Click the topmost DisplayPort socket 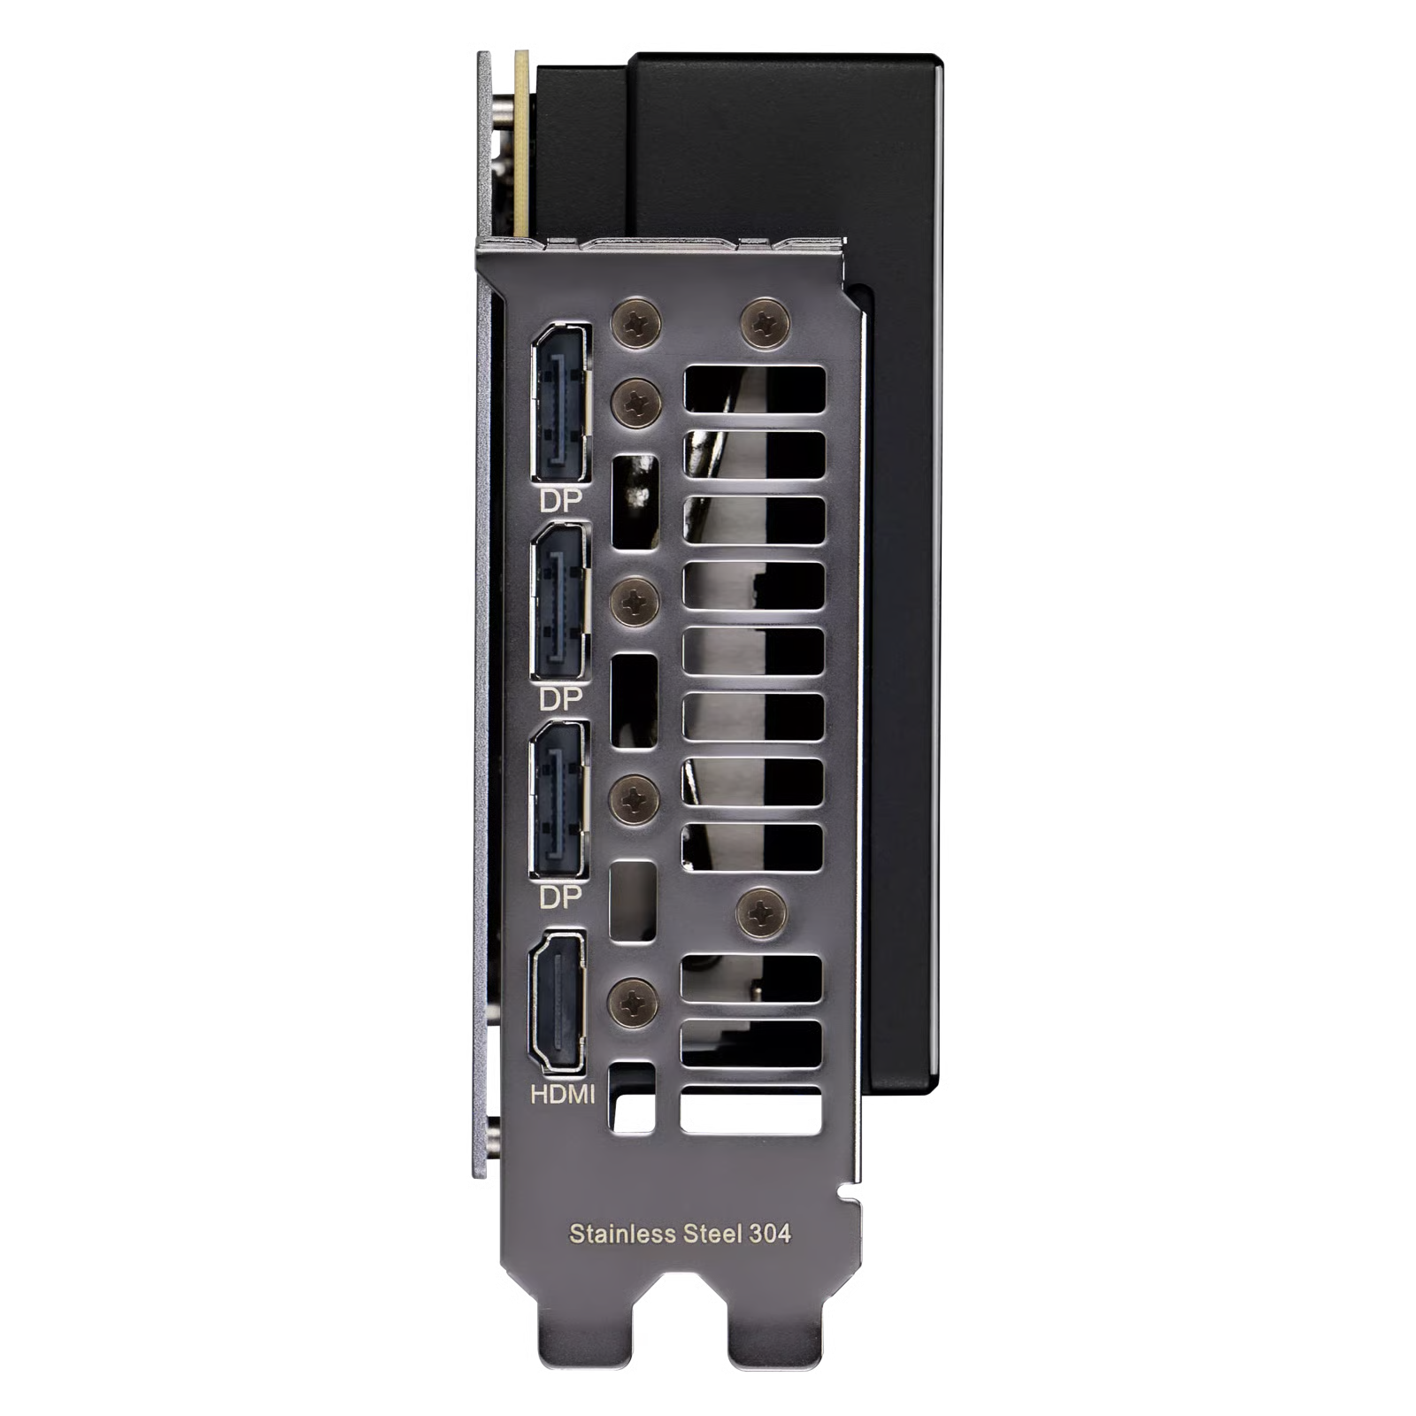pyautogui.click(x=560, y=403)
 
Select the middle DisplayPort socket pyautogui.click(x=560, y=602)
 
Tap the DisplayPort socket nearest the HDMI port pyautogui.click(x=559, y=799)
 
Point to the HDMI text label pyautogui.click(x=562, y=1095)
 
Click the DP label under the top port pyautogui.click(x=561, y=501)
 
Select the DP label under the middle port pyautogui.click(x=561, y=699)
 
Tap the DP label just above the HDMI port pyautogui.click(x=561, y=897)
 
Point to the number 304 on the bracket pyautogui.click(x=770, y=1234)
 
